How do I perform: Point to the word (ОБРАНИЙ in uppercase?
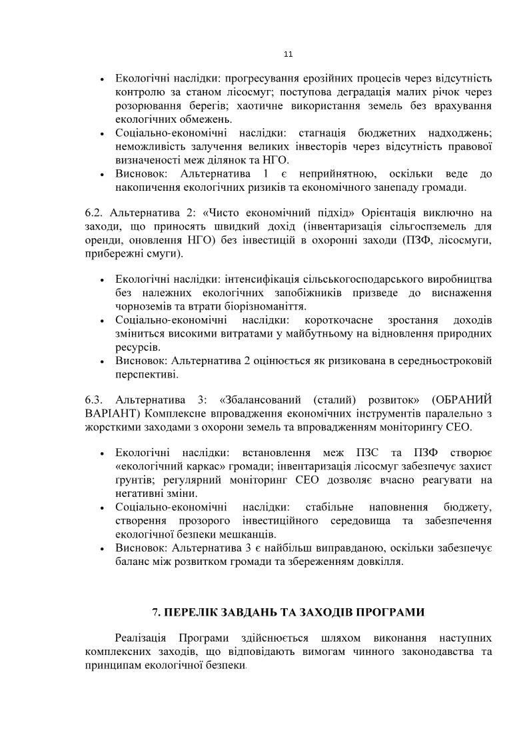(x=461, y=400)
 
